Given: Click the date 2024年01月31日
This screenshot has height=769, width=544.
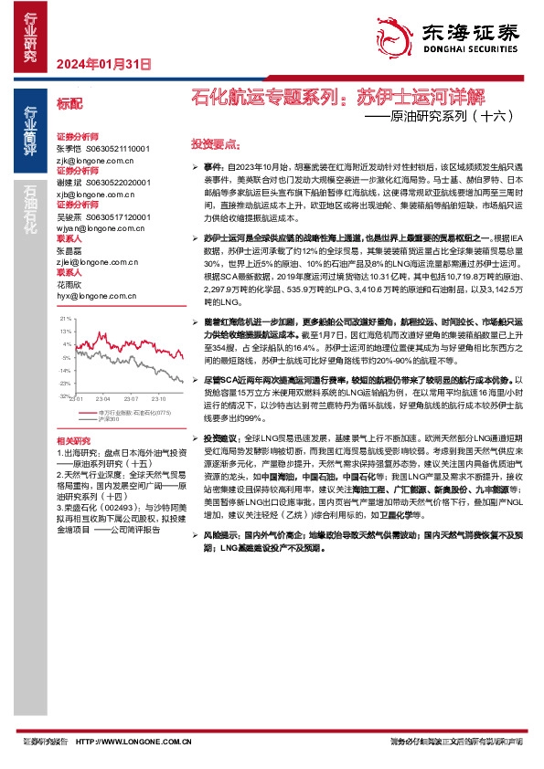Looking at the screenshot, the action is coord(101,64).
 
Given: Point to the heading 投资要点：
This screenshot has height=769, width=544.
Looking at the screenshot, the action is coord(215,144).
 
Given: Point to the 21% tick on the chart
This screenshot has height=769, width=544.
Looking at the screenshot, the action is coord(64,317).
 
